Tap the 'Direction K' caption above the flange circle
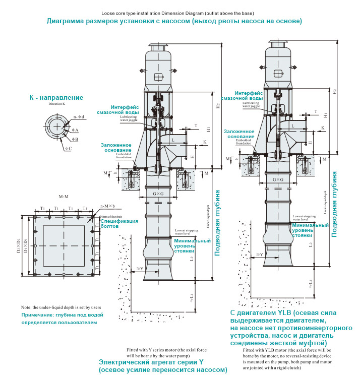pyautogui.click(x=57, y=104)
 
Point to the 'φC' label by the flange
pyautogui.click(x=68, y=149)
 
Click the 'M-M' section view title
pyautogui.click(x=63, y=196)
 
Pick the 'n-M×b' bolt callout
pyautogui.click(x=107, y=206)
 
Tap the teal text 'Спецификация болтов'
pyautogui.click(x=118, y=224)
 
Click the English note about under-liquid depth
pyautogui.click(x=61, y=307)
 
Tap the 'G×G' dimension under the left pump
pyautogui.click(x=159, y=194)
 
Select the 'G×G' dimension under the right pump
pyautogui.click(x=278, y=179)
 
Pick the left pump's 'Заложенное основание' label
pyautogui.click(x=115, y=148)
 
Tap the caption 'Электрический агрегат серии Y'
pyautogui.click(x=151, y=362)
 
